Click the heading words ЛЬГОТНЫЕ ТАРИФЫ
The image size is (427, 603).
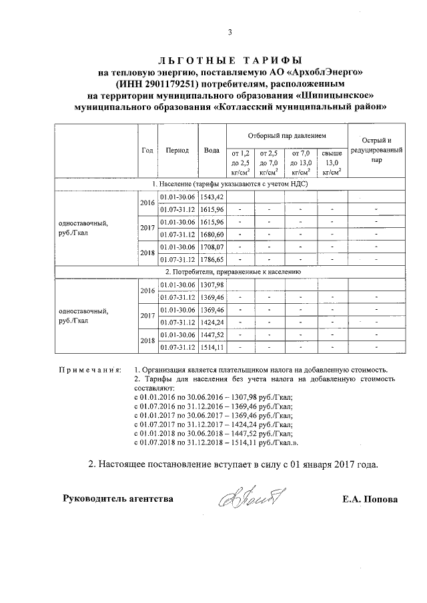230,61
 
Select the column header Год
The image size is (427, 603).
147,151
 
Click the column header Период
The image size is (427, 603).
177,151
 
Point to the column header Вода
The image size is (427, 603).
212,151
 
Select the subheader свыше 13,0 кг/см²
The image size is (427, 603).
332,162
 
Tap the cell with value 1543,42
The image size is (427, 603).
212,197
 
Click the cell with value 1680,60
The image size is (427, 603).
212,234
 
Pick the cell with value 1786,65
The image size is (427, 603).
212,259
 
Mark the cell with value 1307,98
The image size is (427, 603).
212,285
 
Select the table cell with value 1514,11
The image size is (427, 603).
212,347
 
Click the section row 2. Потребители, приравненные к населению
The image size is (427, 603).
230,272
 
